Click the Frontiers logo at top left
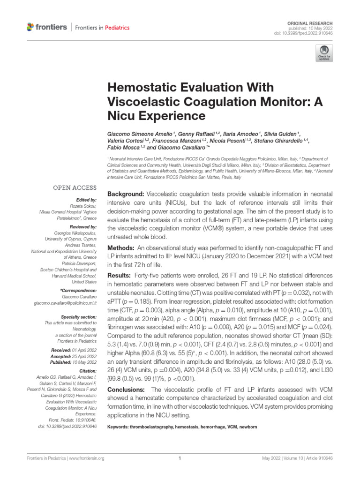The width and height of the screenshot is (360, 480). tap(47, 27)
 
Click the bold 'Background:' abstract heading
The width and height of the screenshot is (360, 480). tap(126, 194)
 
